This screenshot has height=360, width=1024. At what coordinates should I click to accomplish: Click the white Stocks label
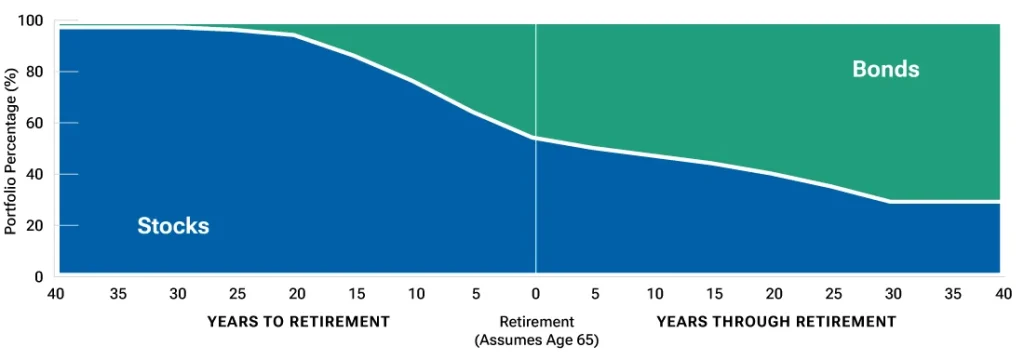(173, 226)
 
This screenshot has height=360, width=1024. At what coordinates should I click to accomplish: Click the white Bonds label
(885, 69)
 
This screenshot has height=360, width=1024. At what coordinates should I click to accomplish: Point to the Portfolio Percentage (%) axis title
(11, 148)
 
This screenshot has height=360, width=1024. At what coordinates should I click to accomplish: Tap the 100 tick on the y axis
(31, 21)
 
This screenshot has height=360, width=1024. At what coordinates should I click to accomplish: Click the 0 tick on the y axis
(39, 276)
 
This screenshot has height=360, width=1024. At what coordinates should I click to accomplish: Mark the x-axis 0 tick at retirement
(536, 294)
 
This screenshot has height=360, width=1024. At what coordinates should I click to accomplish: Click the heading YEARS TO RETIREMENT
(297, 322)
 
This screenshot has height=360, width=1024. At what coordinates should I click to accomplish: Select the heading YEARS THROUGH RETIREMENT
(776, 322)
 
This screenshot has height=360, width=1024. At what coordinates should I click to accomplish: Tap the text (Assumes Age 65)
(536, 339)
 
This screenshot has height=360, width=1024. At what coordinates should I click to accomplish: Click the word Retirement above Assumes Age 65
(536, 322)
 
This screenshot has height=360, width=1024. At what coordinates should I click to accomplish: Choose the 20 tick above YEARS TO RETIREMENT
(297, 294)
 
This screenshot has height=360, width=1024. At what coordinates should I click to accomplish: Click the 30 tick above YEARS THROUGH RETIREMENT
(894, 294)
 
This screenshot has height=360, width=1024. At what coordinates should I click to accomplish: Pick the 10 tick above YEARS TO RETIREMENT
(416, 294)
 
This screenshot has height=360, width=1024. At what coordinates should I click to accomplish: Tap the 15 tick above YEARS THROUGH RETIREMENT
(715, 294)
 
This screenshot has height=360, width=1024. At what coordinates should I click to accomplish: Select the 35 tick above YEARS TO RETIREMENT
(118, 294)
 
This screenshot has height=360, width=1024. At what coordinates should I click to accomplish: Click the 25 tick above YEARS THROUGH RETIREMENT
(834, 294)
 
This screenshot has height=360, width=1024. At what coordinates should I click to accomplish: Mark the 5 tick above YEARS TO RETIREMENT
(476, 294)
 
